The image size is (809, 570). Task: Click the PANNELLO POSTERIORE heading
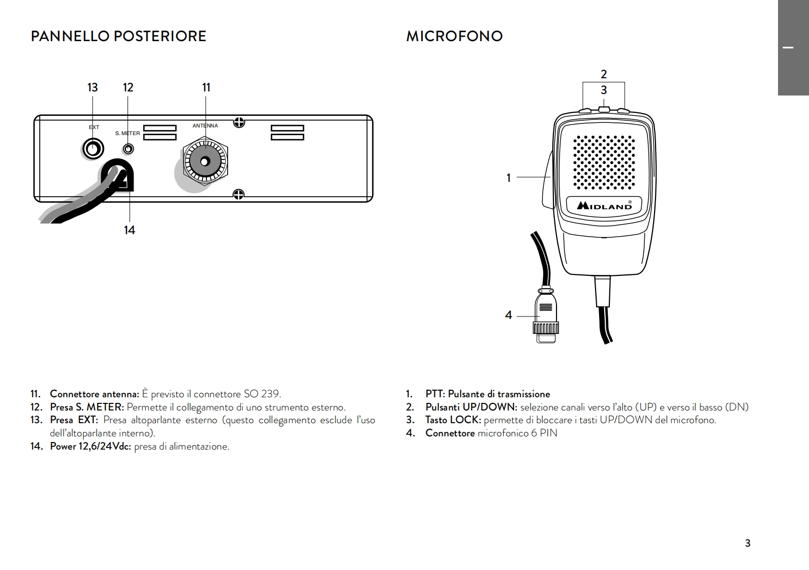coord(118,37)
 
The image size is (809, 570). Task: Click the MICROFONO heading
coord(454,37)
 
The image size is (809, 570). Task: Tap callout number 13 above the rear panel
coord(92,87)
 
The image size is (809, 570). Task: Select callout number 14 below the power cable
coord(130,230)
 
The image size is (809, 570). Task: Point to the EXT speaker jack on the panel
coord(93,149)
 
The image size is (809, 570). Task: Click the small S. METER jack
coord(129,149)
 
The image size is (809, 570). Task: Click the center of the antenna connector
coord(205,162)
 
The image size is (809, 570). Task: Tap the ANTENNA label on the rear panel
coord(205,126)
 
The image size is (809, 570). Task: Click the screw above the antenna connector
coord(239,122)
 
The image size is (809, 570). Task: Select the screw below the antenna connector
coord(239,194)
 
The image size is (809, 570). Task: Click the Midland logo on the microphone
coord(604,205)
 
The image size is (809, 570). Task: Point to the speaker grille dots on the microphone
coord(604,162)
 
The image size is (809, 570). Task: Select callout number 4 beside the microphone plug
coord(509,315)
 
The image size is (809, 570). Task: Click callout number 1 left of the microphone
coord(509,178)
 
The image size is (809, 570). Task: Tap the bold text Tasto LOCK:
coord(453,420)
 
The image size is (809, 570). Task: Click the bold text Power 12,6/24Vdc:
coord(90,447)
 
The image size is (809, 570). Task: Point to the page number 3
coord(748,543)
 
